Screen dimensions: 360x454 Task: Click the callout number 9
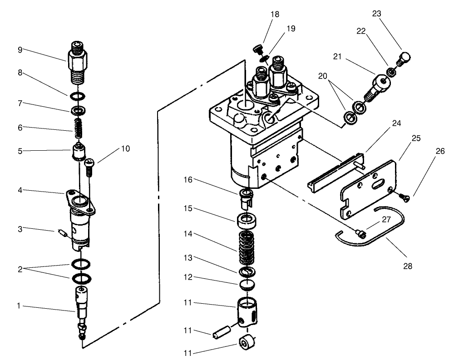coord(20,50)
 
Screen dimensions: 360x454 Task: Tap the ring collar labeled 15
coord(246,222)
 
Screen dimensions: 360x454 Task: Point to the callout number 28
coord(408,266)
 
